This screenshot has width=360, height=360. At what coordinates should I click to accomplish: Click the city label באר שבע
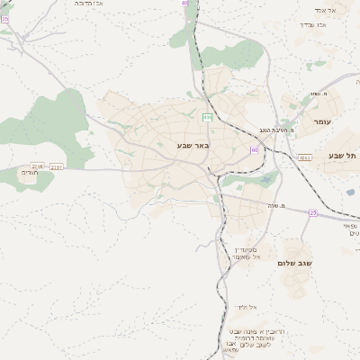[192, 144]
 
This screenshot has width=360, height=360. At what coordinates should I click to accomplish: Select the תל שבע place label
[342, 156]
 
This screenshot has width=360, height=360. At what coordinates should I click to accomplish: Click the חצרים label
[29, 174]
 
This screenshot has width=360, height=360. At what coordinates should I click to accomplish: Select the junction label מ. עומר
[317, 94]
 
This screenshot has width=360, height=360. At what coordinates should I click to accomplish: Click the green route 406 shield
[208, 117]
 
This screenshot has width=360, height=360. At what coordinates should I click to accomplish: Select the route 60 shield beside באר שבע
[255, 149]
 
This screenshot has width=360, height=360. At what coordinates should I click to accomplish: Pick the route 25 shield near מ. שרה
[312, 212]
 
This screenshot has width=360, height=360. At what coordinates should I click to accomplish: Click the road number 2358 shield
[37, 166]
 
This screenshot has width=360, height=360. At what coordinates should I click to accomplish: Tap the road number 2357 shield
[57, 166]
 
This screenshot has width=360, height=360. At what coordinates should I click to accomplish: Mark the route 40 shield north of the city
[184, 4]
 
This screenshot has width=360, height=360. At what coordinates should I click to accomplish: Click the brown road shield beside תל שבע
[305, 157]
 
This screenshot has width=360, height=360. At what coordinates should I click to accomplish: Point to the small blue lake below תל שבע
[351, 191]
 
